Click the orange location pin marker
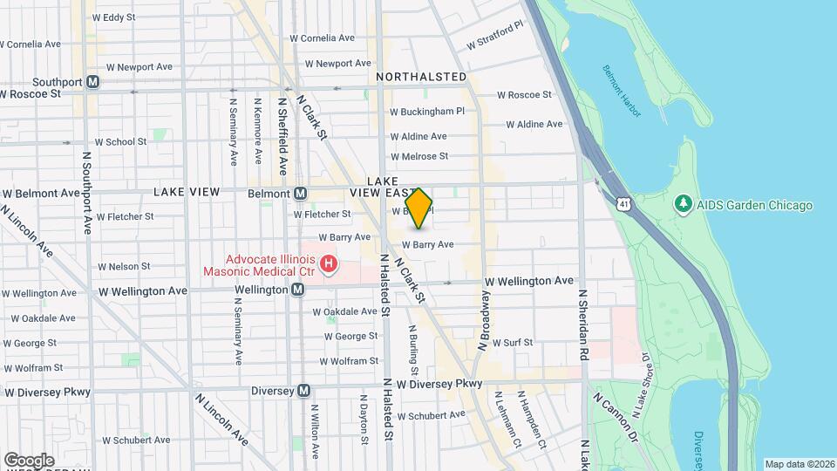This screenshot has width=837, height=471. [x=419, y=208]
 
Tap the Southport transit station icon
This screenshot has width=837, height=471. [x=93, y=82]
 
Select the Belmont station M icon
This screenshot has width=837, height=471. [x=300, y=193]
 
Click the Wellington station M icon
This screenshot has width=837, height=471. [x=298, y=290]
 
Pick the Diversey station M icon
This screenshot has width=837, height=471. [x=303, y=391]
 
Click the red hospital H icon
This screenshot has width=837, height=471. [x=328, y=263]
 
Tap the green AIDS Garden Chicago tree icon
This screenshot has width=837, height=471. [x=684, y=205]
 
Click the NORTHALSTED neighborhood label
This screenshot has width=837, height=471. [x=422, y=77]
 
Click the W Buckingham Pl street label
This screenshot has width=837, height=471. [x=427, y=112]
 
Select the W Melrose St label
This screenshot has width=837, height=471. [x=418, y=157]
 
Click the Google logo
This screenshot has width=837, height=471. [x=29, y=460]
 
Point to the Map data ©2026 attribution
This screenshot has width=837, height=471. [x=800, y=464]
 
